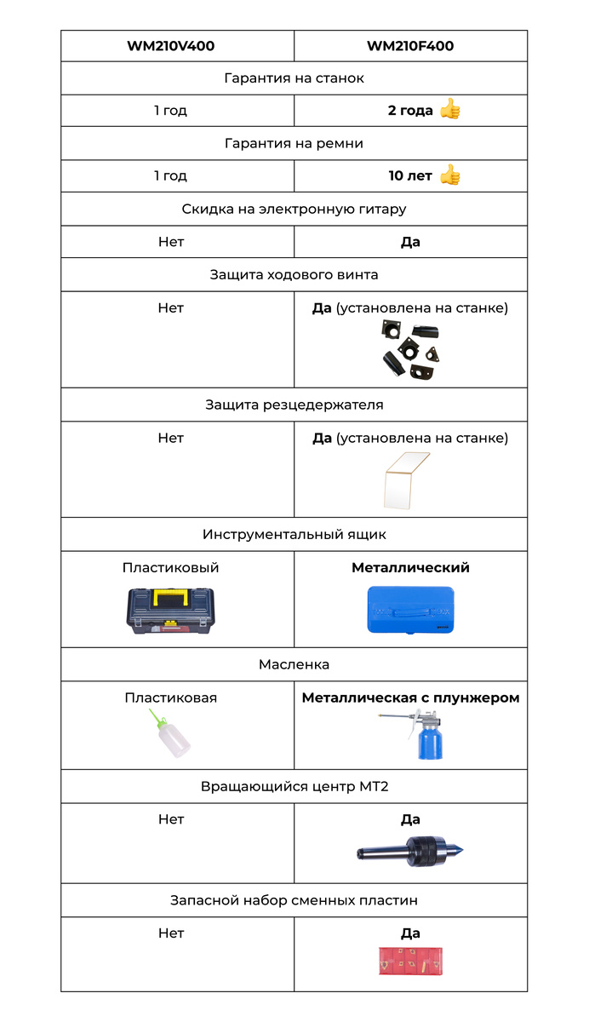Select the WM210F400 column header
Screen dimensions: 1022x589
410,46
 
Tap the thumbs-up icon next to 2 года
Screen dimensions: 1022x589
450,110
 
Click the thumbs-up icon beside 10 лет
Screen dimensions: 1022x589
450,175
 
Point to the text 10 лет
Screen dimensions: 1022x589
410,176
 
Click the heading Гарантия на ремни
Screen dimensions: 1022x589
294,143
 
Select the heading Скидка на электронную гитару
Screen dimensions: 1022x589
294,209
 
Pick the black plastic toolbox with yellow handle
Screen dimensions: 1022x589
171,613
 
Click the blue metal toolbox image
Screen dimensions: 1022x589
410,611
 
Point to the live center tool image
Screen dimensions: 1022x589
410,851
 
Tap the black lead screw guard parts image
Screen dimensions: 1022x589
409,351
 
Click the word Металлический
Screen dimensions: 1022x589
410,568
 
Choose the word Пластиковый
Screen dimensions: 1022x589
170,568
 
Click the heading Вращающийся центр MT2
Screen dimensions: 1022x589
294,787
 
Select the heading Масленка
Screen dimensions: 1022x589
294,664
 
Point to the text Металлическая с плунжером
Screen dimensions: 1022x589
410,698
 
